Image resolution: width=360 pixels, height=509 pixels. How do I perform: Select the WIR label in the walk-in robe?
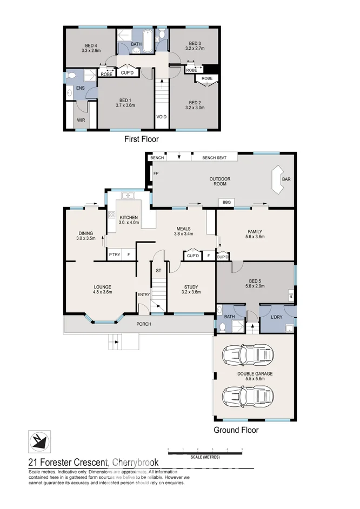81,120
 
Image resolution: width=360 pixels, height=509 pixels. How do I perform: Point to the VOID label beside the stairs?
161,116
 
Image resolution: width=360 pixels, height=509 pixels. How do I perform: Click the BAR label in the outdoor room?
286,180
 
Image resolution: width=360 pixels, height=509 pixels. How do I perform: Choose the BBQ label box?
225,202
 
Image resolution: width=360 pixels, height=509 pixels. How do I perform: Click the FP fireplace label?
156,173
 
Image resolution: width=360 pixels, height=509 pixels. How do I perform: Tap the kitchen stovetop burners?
112,217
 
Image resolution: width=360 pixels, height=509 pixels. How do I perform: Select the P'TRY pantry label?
114,254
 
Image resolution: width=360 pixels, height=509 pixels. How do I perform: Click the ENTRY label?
143,294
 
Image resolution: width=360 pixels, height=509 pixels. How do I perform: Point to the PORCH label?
143,324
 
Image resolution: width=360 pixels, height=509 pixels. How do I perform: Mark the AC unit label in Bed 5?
290,296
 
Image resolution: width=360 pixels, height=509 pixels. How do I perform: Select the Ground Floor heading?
236,431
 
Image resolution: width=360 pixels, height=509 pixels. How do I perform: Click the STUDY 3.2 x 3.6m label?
192,290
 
